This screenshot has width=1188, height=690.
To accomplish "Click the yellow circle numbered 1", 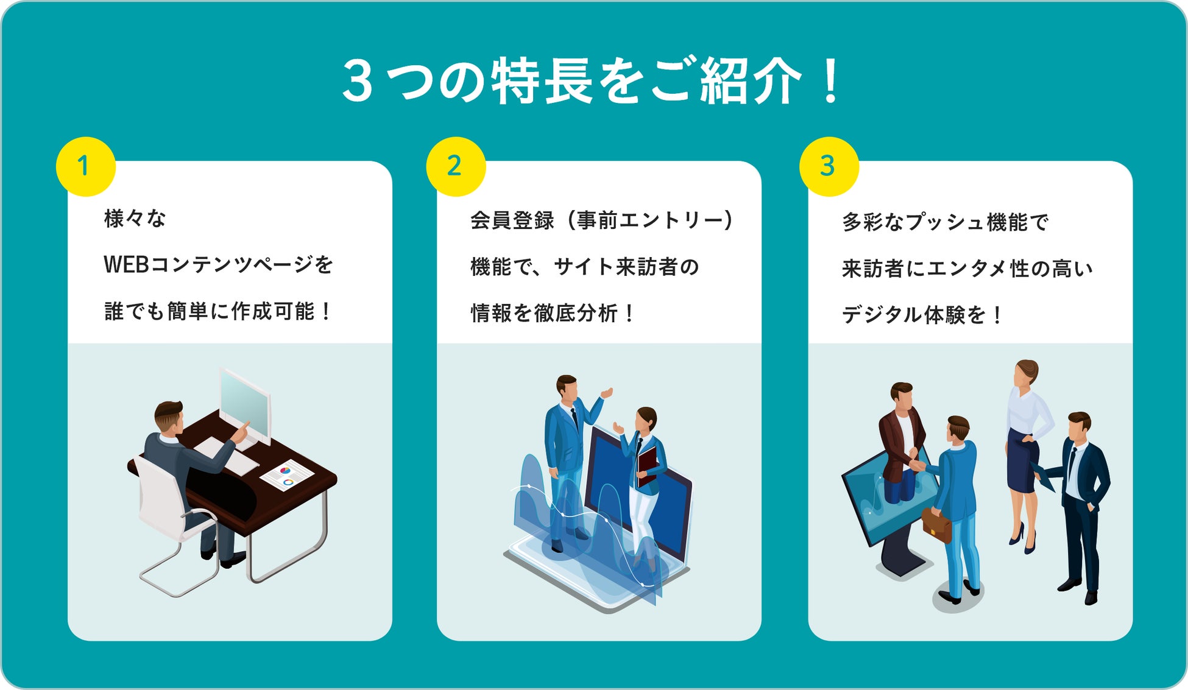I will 85,166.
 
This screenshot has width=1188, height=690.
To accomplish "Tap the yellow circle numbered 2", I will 455,166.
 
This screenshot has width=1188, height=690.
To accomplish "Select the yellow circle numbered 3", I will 829,166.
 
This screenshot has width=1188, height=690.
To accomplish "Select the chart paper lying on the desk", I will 286,475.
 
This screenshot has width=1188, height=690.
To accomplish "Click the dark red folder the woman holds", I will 647,466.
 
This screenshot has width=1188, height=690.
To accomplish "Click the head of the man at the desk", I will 168,417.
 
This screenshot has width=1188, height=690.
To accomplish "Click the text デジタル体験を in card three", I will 914,315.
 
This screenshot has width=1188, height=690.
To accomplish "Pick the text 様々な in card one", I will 135,218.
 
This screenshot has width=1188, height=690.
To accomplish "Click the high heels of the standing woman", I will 1024,539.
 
